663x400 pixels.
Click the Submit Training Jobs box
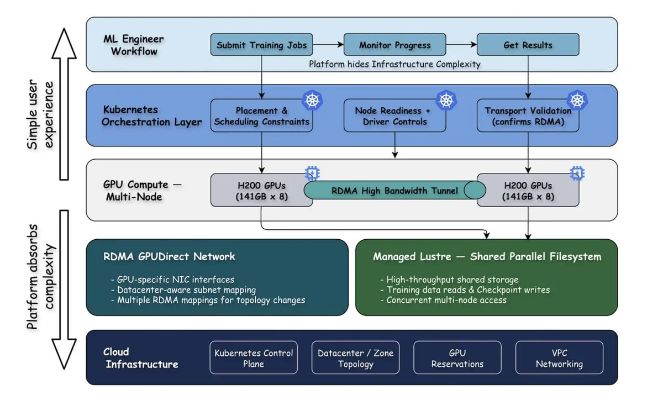pos(262,44)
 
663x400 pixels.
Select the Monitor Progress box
pos(395,44)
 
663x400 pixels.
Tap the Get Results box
pos(528,44)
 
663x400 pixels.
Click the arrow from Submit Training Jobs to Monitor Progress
pos(328,44)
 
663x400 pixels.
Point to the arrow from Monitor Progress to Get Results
pos(461,44)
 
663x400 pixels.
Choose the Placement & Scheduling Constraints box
pos(262,115)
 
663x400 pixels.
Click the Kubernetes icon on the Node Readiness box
pos(446,101)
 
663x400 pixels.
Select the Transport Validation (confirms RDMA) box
pos(528,115)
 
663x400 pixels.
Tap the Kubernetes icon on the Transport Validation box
pos(577,101)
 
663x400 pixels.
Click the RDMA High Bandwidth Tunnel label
pos(394,191)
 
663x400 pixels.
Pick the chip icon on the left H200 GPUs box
pos(312,173)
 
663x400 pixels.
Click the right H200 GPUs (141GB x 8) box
pos(528,190)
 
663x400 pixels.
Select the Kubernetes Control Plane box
pos(254,357)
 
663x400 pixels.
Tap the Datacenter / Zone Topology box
pos(355,357)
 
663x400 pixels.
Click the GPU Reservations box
pos(457,357)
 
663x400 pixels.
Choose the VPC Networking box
pos(559,357)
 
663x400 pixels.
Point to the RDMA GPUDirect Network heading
pos(169,256)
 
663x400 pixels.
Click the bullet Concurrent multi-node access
pos(443,300)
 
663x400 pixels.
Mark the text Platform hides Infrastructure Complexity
pos(394,64)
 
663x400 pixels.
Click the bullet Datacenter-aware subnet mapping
pos(183,290)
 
